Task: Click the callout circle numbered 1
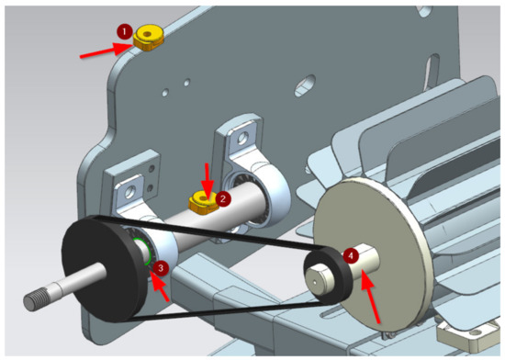pyautogui.click(x=125, y=32)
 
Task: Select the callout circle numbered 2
pyautogui.click(x=223, y=198)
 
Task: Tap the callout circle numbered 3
pyautogui.click(x=161, y=268)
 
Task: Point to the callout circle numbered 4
pyautogui.click(x=351, y=255)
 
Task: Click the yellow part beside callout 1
pyautogui.click(x=149, y=38)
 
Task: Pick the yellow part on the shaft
pyautogui.click(x=203, y=203)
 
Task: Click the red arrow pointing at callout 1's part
pyautogui.click(x=107, y=51)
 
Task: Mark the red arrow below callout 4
pyautogui.click(x=370, y=298)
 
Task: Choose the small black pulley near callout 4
pyautogui.click(x=326, y=276)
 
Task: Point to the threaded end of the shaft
pyautogui.click(x=36, y=298)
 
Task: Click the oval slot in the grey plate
pyautogui.click(x=305, y=85)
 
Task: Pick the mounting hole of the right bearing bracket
pyautogui.click(x=242, y=138)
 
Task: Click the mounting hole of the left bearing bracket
pyautogui.click(x=130, y=192)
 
